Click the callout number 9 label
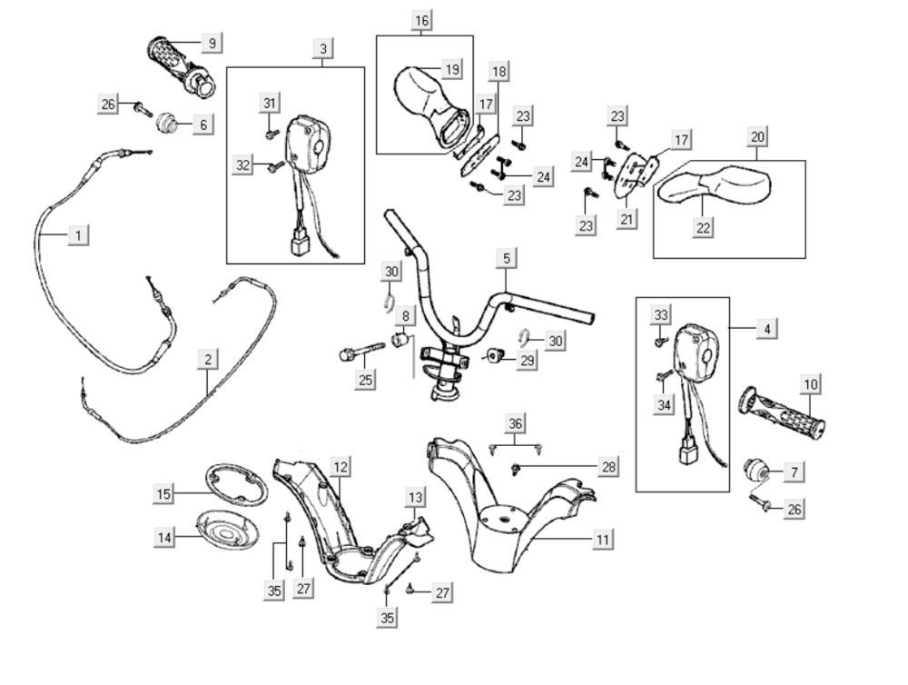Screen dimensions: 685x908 212,42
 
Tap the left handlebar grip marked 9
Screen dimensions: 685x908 179,65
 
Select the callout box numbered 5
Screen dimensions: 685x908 507,259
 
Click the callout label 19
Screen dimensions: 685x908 452,68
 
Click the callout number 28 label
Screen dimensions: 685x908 608,466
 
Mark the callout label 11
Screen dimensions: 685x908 601,539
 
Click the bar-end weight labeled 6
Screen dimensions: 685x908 168,122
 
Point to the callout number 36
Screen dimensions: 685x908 516,422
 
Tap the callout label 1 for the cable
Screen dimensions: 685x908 79,235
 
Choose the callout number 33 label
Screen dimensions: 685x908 661,314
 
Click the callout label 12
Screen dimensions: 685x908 340,467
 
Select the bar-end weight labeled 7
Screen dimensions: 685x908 755,471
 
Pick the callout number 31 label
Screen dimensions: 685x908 269,103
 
